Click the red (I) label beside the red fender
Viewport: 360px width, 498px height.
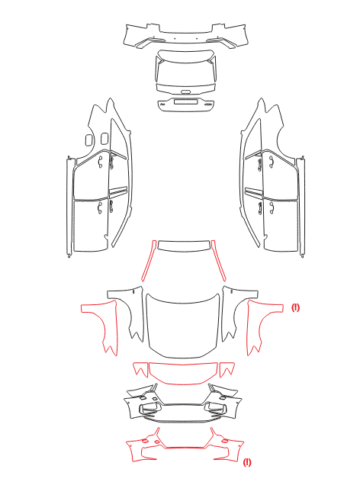[295, 307]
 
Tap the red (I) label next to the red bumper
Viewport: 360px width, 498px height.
[247, 462]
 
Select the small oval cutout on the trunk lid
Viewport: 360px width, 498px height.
[185, 92]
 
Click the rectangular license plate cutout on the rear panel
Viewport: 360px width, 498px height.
[186, 102]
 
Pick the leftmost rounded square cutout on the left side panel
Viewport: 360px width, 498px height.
[89, 140]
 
